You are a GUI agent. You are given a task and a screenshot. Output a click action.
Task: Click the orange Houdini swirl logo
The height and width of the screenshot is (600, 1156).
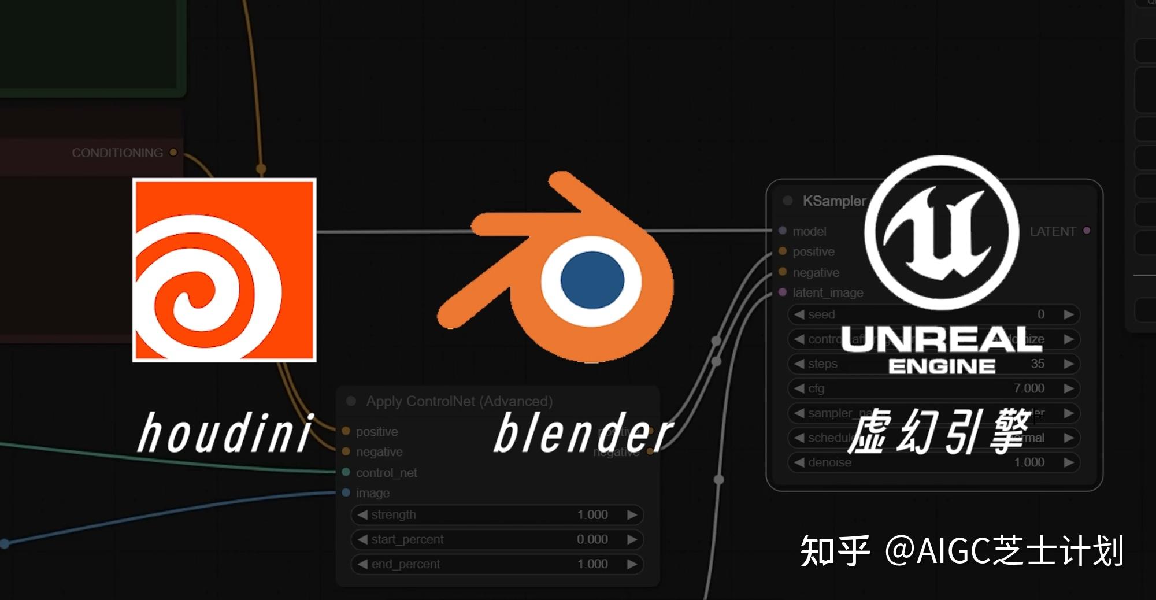pyautogui.click(x=224, y=270)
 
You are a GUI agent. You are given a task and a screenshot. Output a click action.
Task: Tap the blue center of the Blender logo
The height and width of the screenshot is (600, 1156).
pyautogui.click(x=592, y=280)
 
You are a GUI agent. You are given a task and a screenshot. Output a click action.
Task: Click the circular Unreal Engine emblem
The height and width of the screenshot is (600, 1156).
pyautogui.click(x=941, y=232)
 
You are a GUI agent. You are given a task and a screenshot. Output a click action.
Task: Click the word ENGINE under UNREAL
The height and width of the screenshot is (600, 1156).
pyautogui.click(x=942, y=366)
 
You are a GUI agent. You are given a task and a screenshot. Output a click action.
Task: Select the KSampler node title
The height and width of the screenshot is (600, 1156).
pyautogui.click(x=833, y=201)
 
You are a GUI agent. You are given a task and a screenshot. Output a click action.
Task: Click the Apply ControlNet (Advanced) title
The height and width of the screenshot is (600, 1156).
pyautogui.click(x=459, y=401)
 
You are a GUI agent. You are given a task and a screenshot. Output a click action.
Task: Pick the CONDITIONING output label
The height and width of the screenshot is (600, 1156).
pyautogui.click(x=117, y=153)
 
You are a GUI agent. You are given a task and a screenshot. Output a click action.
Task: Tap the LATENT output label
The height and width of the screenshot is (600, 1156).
pyautogui.click(x=1053, y=231)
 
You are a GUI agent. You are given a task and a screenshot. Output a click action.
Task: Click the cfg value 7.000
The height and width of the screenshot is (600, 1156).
pyautogui.click(x=1029, y=388)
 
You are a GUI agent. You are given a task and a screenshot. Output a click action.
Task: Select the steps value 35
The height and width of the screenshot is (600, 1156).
pyautogui.click(x=1037, y=364)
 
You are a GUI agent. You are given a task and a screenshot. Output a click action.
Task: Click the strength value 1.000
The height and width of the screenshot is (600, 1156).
pyautogui.click(x=592, y=514)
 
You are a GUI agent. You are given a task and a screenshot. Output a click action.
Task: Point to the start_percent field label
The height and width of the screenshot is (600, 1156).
pyautogui.click(x=407, y=539)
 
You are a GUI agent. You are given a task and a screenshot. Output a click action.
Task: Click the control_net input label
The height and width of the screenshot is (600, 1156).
pyautogui.click(x=386, y=473)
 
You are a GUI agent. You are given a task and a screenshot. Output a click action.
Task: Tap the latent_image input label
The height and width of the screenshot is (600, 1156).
pyautogui.click(x=828, y=292)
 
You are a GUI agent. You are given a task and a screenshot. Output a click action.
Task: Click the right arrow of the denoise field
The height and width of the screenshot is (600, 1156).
pyautogui.click(x=1069, y=462)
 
